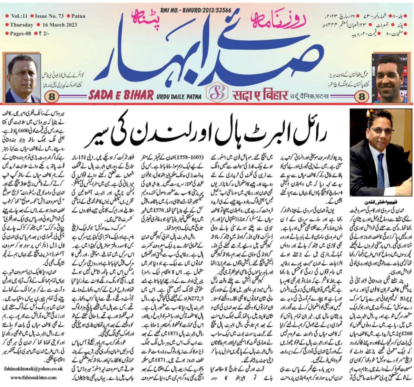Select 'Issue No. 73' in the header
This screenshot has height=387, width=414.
click(49, 16)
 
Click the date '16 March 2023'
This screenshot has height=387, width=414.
click(58, 25)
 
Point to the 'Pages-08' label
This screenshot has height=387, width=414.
click(20, 34)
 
